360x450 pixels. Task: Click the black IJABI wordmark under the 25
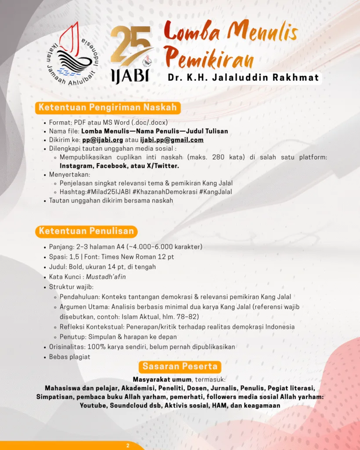click(130, 75)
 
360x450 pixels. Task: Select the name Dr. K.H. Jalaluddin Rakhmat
click(243, 78)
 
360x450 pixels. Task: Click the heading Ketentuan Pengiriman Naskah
click(108, 107)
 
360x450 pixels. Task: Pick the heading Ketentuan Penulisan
click(86, 231)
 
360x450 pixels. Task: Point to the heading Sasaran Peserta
click(180, 366)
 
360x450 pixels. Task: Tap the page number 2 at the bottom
click(128, 446)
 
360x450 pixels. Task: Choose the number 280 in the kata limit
click(218, 157)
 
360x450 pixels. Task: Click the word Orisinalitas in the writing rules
click(67, 347)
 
